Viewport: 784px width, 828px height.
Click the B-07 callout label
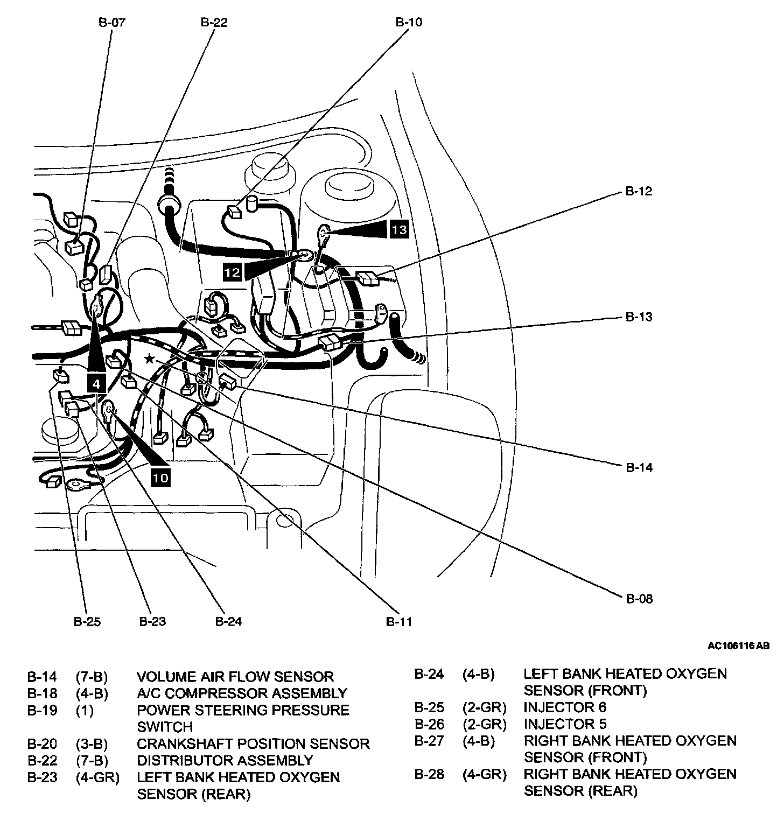coord(111,23)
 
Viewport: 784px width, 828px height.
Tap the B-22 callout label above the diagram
coord(214,23)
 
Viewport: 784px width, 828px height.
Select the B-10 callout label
coord(409,23)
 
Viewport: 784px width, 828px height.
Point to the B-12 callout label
coord(639,192)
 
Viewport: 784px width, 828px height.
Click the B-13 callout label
coord(639,317)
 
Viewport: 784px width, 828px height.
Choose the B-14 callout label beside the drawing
coord(639,467)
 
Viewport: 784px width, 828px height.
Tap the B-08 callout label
coord(639,599)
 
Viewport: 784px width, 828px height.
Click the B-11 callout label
coord(399,622)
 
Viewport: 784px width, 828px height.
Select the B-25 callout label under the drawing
coord(87,622)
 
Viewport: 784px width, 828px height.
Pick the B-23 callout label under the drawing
coord(152,622)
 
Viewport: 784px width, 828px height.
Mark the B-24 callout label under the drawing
coord(228,622)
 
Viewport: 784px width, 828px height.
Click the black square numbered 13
coord(399,230)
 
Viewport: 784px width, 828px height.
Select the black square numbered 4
coord(96,383)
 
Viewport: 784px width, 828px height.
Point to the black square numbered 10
coord(160,477)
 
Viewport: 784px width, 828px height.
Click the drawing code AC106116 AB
coord(738,645)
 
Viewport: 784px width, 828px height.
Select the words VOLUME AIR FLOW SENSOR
coord(235,677)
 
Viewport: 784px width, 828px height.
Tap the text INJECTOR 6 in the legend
coord(565,707)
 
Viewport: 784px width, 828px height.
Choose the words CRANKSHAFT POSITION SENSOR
coord(253,744)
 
